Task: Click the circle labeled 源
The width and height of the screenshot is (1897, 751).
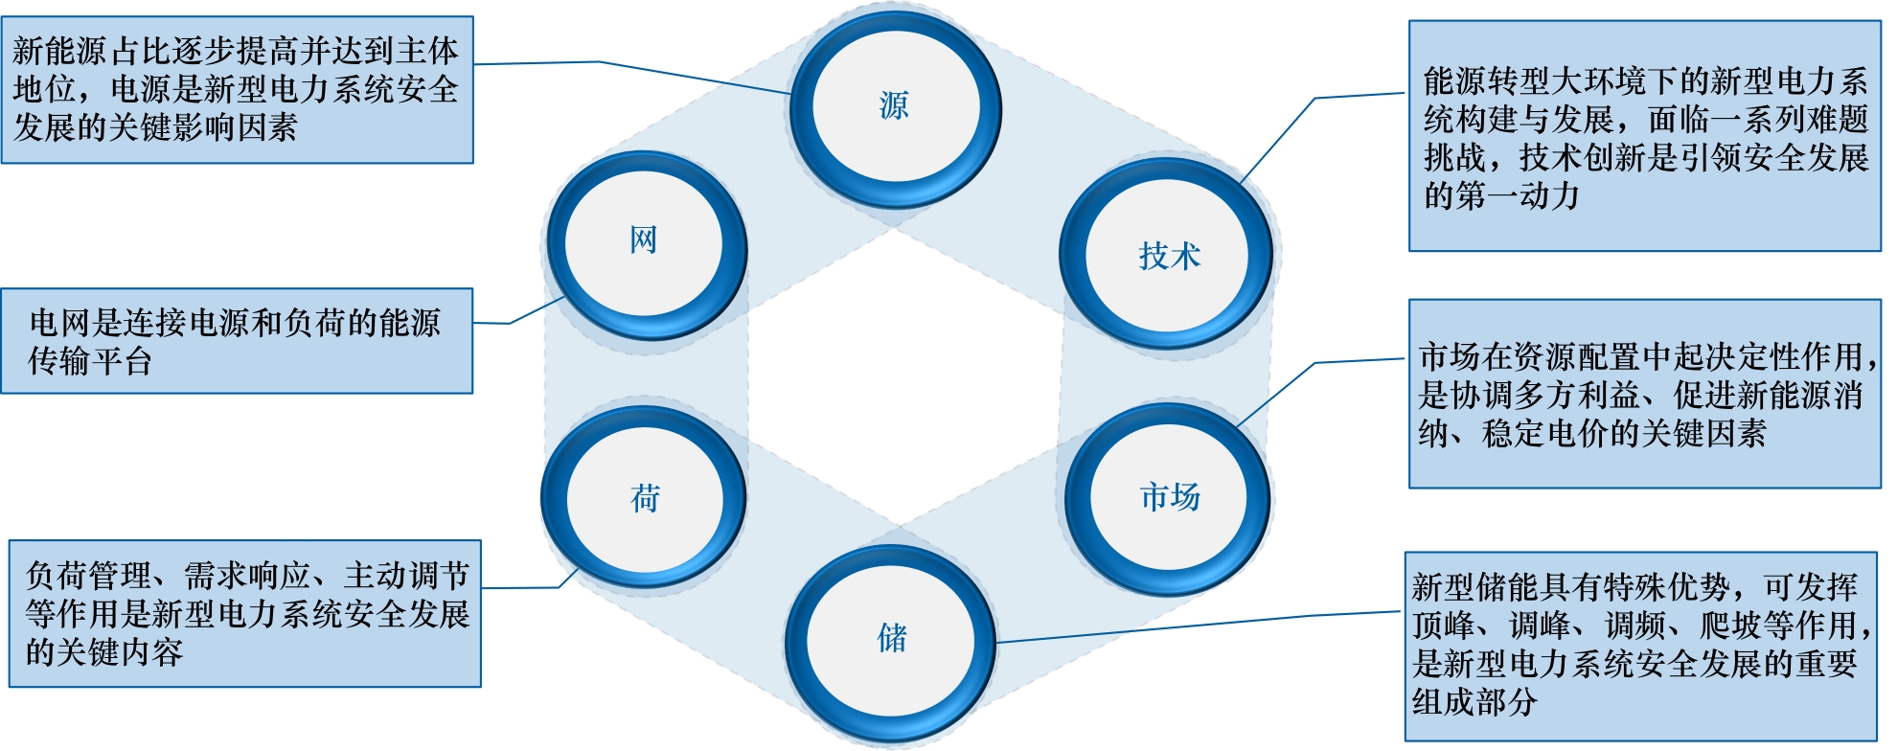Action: point(895,105)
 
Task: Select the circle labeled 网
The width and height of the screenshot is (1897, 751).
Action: point(644,241)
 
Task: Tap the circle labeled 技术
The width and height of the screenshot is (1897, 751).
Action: point(1168,256)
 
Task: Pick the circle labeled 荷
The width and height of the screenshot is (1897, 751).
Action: point(644,498)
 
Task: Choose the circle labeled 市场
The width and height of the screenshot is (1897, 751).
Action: point(1169,497)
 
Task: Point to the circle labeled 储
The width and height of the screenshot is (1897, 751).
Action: point(891,637)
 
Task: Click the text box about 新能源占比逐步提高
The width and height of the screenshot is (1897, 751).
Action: point(237,89)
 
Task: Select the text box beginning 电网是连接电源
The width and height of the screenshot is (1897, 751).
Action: point(237,341)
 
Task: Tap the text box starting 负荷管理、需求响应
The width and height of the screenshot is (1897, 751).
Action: point(245,613)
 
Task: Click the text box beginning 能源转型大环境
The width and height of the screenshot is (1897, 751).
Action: point(1644,136)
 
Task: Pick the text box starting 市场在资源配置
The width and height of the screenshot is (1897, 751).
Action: point(1644,394)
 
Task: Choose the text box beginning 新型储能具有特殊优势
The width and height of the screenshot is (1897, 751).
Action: point(1640,646)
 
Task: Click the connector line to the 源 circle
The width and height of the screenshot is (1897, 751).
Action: point(671,75)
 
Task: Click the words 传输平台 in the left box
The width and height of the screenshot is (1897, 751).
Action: point(90,361)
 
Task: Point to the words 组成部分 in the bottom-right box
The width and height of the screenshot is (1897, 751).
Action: point(1474,702)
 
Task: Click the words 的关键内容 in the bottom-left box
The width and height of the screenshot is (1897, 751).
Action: point(103,653)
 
